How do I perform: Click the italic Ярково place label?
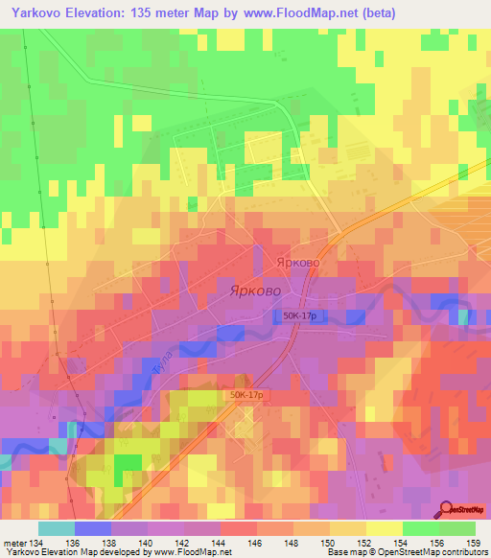point(256,290)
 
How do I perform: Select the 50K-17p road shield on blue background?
point(303,314)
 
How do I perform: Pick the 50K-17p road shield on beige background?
point(246,394)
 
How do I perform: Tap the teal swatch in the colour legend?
point(56,528)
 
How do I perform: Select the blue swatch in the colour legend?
point(92,528)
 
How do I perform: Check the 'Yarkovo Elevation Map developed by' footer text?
point(69,552)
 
